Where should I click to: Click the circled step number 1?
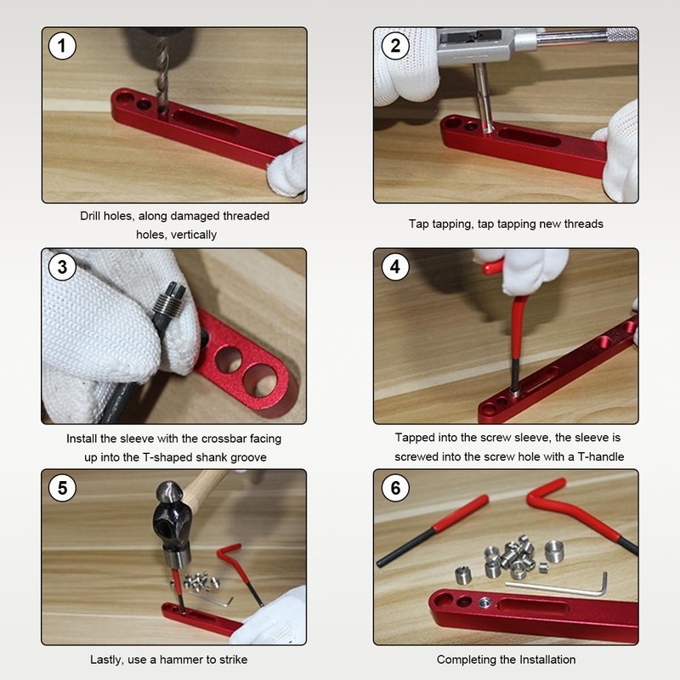point(62,46)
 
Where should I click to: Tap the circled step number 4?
point(395,267)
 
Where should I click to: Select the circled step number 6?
point(395,488)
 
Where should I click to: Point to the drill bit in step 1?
point(162,74)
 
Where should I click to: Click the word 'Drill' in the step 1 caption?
point(90,216)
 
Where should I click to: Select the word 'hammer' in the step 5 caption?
point(178,660)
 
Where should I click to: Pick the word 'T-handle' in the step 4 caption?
point(601,456)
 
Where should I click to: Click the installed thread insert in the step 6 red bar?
point(485,602)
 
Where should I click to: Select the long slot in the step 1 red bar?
point(206,123)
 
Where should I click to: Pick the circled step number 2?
point(395,46)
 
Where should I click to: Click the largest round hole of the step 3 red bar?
point(260,380)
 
